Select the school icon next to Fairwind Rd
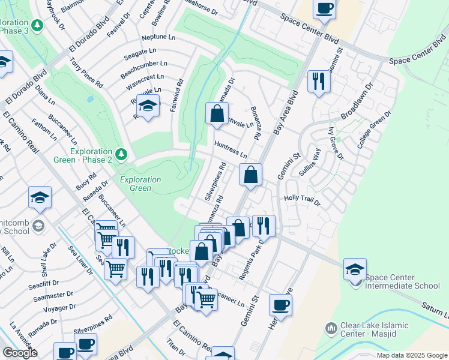[x=146, y=106]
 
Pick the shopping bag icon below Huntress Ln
[x=252, y=175]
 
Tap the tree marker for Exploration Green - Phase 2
[x=122, y=155]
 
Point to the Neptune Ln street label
[x=159, y=37]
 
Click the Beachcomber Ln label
[x=143, y=68]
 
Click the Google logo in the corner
[x=20, y=353]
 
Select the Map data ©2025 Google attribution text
[x=412, y=355]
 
